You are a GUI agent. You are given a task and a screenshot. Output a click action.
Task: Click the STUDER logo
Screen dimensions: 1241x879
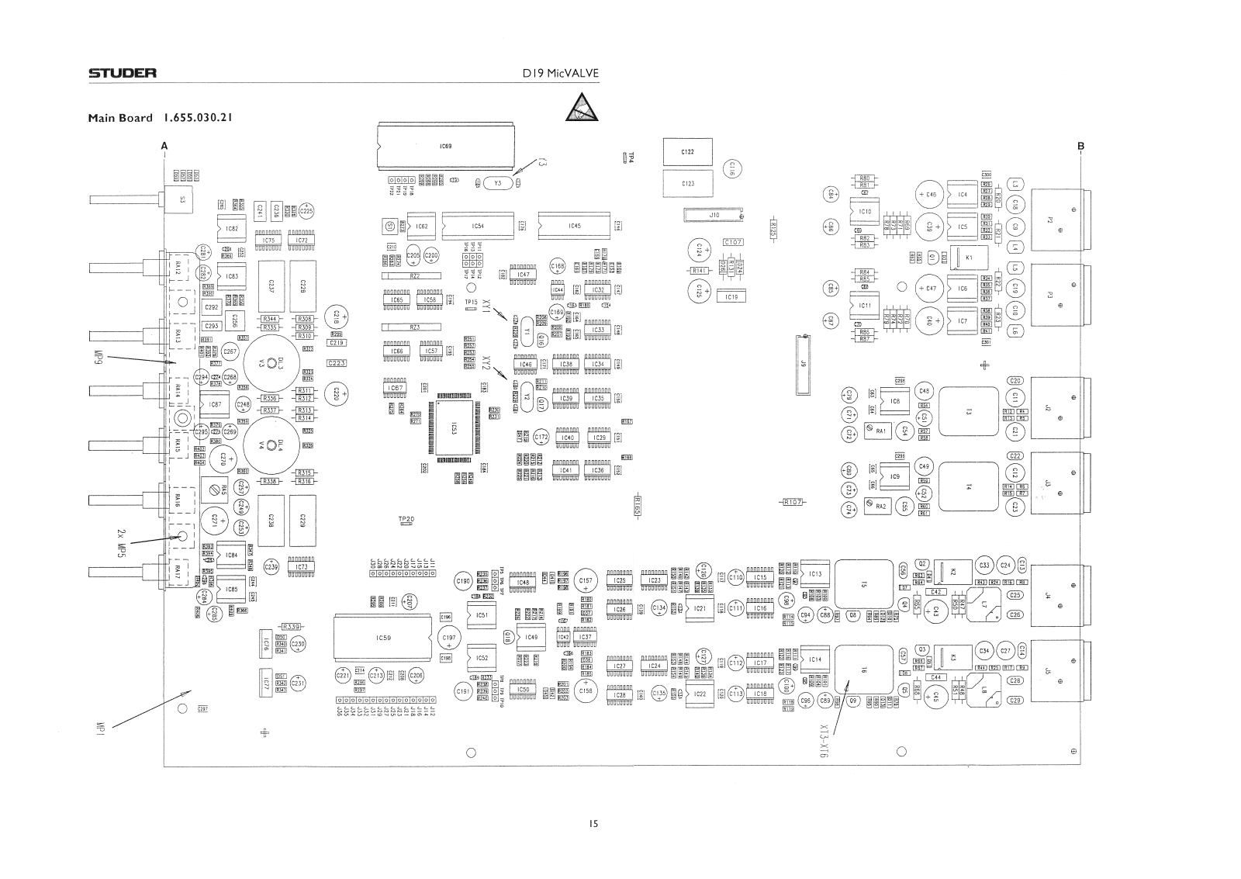tap(122, 74)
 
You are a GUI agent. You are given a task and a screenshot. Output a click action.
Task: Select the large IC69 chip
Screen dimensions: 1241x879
tap(444, 146)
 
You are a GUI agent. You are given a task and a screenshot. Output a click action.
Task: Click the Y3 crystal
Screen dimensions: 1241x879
tap(497, 183)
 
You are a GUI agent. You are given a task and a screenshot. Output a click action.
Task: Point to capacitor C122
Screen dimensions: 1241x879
tap(687, 153)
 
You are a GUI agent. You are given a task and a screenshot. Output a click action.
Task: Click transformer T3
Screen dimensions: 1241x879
tap(968, 411)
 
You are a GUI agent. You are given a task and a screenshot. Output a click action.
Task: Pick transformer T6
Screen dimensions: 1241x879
tap(865, 669)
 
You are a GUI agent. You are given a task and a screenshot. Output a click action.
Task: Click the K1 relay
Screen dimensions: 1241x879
tap(969, 257)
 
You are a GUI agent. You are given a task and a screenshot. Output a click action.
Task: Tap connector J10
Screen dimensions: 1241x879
tap(714, 214)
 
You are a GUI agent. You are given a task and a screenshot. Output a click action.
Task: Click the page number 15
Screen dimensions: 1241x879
tap(593, 825)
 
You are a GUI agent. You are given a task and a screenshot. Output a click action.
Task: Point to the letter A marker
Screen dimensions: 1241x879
tap(164, 145)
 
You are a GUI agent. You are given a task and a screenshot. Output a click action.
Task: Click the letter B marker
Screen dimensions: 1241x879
tap(1080, 145)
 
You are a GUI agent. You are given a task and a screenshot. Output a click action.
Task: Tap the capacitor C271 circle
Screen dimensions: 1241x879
tap(215, 519)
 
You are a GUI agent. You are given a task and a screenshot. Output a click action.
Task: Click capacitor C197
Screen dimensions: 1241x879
tap(448, 638)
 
